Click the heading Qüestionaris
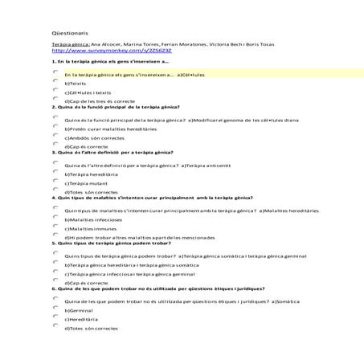(x=65, y=33)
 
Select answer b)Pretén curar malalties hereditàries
(x=104, y=129)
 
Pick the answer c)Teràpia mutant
(x=81, y=183)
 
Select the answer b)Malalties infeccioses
(x=89, y=219)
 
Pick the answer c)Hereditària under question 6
(x=80, y=319)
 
